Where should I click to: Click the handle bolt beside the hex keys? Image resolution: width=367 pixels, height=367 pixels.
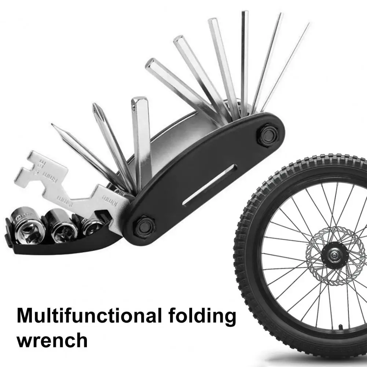(269, 135)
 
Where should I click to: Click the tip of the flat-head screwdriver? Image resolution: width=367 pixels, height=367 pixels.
(53, 125)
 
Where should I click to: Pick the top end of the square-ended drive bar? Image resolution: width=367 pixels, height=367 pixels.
(140, 100)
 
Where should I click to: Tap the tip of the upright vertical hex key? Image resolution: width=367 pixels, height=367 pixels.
(245, 12)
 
